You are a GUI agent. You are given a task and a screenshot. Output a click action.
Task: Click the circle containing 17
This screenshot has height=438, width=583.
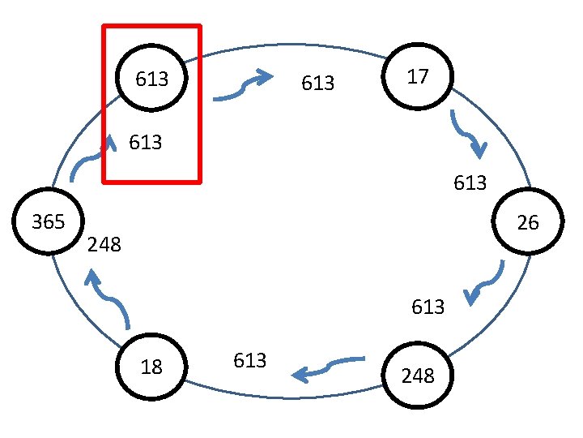click(418, 77)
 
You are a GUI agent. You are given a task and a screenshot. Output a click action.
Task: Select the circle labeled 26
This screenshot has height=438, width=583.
click(527, 222)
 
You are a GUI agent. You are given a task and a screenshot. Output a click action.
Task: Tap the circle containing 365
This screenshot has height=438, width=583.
click(48, 222)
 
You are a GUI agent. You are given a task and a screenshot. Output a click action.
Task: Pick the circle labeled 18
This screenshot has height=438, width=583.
click(151, 367)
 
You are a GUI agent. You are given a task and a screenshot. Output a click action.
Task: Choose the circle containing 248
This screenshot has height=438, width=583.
click(418, 376)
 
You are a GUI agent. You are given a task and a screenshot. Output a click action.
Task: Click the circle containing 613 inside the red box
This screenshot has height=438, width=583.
click(152, 79)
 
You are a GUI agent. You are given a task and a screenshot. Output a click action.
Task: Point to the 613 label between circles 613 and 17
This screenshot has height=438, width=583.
click(317, 84)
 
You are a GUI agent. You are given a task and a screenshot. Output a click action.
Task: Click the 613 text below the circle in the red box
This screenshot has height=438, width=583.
click(145, 143)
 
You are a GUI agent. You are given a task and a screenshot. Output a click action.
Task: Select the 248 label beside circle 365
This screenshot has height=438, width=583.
click(104, 243)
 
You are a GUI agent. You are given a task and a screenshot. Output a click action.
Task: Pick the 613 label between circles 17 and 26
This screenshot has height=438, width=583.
click(470, 182)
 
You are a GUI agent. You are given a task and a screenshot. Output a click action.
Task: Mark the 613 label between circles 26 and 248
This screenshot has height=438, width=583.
click(428, 307)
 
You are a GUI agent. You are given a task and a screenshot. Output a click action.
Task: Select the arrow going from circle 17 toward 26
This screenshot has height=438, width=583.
click(469, 133)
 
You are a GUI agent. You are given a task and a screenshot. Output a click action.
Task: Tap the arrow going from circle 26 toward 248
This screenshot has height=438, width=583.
click(486, 282)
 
